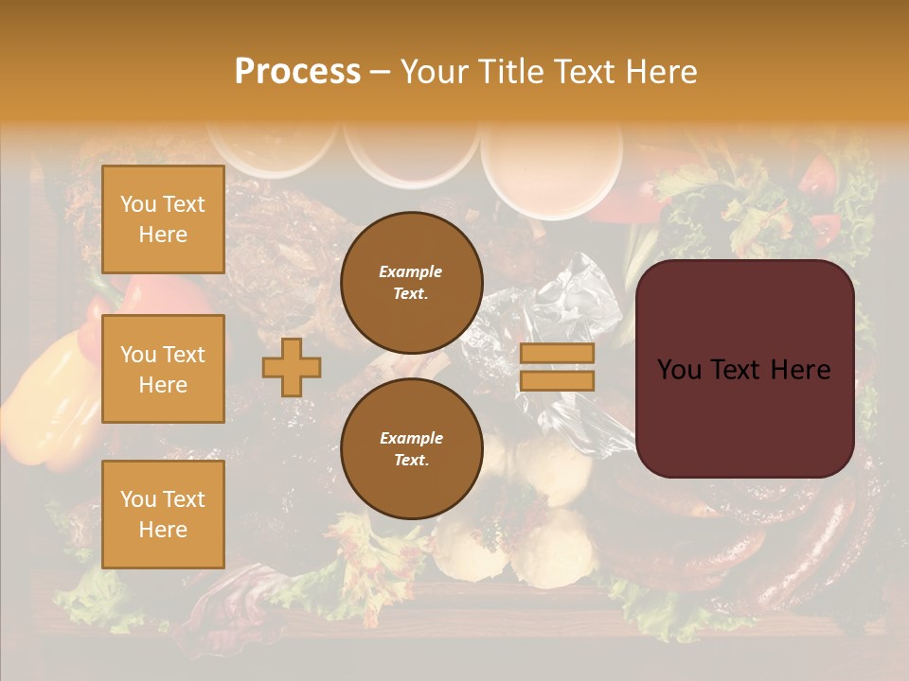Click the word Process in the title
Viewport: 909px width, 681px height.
297,72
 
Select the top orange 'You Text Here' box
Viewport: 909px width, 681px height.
163,219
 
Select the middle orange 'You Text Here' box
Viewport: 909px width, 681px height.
163,369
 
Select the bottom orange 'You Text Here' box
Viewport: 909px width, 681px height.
163,514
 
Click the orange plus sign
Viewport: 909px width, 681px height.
292,367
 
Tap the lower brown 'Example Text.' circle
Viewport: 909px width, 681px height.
411,448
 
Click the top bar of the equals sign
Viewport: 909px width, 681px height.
557,353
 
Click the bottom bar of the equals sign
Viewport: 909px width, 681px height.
557,380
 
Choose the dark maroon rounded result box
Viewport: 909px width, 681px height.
744,416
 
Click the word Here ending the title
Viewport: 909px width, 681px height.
657,72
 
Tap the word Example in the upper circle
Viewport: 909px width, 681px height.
411,271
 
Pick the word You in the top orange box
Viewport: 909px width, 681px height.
137,204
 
